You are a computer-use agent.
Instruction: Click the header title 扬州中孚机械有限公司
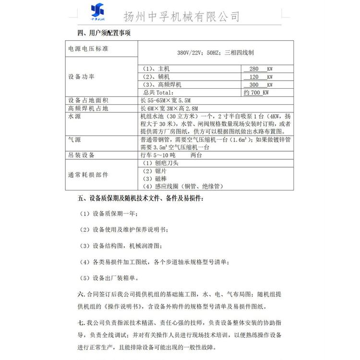[x=181, y=16]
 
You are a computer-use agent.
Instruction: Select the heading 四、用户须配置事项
[x=102, y=33]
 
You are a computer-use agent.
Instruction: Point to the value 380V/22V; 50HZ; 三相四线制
[x=216, y=53]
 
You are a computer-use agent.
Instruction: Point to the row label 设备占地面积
[x=88, y=100]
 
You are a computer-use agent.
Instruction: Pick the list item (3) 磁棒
[x=155, y=179]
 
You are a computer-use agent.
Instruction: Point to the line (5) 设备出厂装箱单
[x=109, y=277]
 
